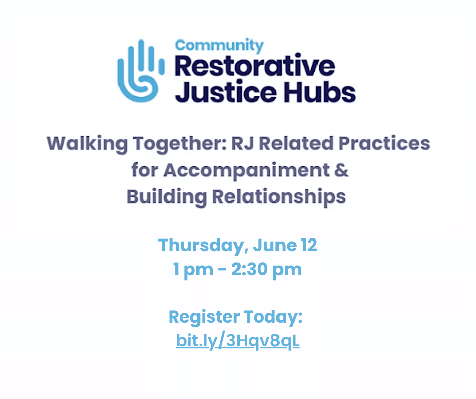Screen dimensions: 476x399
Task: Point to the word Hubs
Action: click(320, 91)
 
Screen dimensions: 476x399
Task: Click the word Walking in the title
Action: click(87, 144)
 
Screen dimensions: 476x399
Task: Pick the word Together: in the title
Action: click(180, 144)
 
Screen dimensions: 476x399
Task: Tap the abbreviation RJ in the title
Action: click(242, 143)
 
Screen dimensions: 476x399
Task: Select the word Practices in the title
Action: click(384, 143)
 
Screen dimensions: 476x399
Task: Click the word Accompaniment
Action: click(247, 171)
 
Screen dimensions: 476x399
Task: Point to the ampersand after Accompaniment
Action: click(341, 170)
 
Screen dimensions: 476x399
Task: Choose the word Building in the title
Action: click(167, 197)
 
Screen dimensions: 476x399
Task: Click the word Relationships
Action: click(279, 197)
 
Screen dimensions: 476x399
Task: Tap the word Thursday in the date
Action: click(201, 246)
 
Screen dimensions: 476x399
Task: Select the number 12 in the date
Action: click(309, 245)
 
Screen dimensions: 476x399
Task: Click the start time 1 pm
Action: click(193, 270)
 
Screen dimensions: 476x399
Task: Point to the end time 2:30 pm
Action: click(266, 270)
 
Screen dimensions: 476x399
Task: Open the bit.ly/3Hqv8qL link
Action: click(237, 341)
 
